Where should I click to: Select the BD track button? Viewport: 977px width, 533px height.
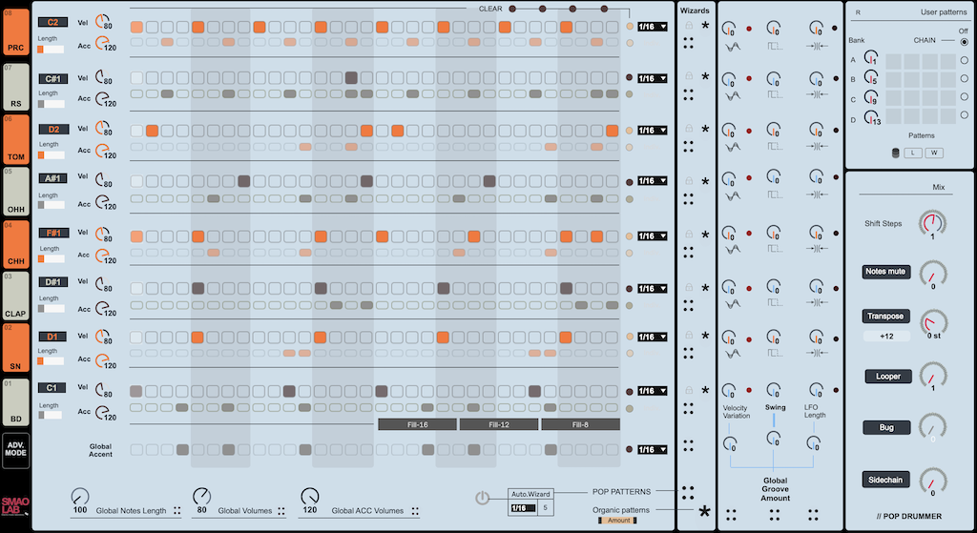click(x=15, y=401)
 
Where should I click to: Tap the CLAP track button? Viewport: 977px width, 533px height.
click(x=15, y=295)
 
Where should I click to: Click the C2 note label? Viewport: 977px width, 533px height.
click(x=52, y=22)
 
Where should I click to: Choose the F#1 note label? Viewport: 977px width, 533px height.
click(x=52, y=232)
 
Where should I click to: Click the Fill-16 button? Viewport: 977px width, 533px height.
click(x=417, y=424)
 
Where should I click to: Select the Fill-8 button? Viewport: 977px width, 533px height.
click(x=580, y=424)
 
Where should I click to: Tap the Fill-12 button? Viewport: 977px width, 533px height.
click(x=498, y=424)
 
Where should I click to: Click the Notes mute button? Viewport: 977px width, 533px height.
click(x=884, y=272)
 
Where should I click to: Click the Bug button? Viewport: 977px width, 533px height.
click(x=886, y=427)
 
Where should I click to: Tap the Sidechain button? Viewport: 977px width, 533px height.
click(x=886, y=480)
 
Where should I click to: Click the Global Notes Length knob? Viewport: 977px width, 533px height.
click(x=80, y=496)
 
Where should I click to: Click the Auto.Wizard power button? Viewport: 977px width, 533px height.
click(x=483, y=498)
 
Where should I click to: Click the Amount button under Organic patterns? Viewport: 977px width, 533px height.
click(x=617, y=520)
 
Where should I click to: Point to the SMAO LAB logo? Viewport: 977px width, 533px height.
click(x=15, y=510)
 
